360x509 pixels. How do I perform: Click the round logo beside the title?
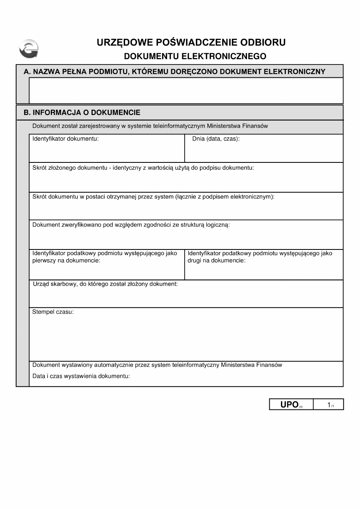pyautogui.click(x=29, y=49)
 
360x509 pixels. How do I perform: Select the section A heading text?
pyautogui.click(x=175, y=72)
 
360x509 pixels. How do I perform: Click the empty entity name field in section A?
pyautogui.click(x=186, y=90)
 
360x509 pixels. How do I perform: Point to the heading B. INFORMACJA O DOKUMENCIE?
pyautogui.click(x=82, y=112)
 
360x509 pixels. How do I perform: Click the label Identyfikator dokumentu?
pyautogui.click(x=65, y=139)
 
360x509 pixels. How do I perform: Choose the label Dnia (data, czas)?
pyautogui.click(x=216, y=139)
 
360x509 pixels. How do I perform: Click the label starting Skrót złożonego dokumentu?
pyautogui.click(x=143, y=168)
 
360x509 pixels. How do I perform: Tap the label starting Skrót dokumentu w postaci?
pyautogui.click(x=153, y=197)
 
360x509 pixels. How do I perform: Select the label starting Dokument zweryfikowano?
pyautogui.click(x=131, y=225)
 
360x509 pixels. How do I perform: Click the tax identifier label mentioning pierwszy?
pyautogui.click(x=105, y=257)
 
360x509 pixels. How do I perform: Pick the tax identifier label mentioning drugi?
pyautogui.click(x=260, y=257)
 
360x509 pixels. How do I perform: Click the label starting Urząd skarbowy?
pyautogui.click(x=105, y=284)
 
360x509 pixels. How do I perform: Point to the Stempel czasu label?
pyautogui.click(x=53, y=312)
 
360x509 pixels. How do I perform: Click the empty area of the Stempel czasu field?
pyautogui.click(x=186, y=339)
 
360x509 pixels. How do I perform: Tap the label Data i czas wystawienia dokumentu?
pyautogui.click(x=81, y=376)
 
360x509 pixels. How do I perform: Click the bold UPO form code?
pyautogui.click(x=289, y=405)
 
